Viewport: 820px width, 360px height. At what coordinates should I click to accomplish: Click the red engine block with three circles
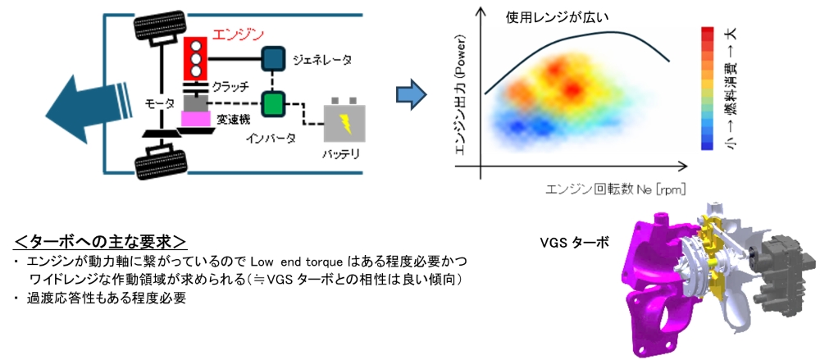[196, 58]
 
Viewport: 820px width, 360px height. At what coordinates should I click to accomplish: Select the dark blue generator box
[273, 58]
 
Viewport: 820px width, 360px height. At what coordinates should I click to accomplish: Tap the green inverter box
[273, 103]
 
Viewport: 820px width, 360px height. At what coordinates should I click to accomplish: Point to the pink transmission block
[196, 119]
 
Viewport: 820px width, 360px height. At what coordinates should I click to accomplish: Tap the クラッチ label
[230, 85]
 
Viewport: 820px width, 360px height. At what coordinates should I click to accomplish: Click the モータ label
[160, 105]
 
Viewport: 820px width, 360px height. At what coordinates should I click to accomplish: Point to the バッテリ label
[340, 156]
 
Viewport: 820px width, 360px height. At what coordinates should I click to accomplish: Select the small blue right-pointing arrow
[411, 94]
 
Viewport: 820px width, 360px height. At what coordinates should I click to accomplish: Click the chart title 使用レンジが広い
[558, 18]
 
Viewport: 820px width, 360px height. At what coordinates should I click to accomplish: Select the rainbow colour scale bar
[707, 89]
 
